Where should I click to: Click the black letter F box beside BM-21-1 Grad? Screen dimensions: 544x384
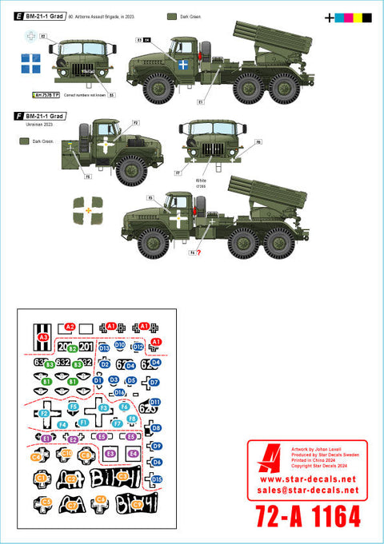point(18,116)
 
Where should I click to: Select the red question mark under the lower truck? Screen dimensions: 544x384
point(198,253)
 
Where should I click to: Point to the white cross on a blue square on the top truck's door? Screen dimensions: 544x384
point(183,64)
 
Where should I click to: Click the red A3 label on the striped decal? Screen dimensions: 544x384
point(43,338)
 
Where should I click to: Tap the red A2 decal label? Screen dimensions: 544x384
point(70,327)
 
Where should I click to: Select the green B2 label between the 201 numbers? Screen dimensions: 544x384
point(73,349)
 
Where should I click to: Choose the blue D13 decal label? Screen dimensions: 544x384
point(104,348)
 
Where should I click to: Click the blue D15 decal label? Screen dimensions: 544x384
point(157,479)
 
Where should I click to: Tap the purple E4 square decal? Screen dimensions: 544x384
point(133,454)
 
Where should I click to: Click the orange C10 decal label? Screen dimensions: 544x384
point(68,454)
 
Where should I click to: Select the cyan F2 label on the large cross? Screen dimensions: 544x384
point(44,413)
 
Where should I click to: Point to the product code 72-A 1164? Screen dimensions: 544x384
point(307,516)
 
